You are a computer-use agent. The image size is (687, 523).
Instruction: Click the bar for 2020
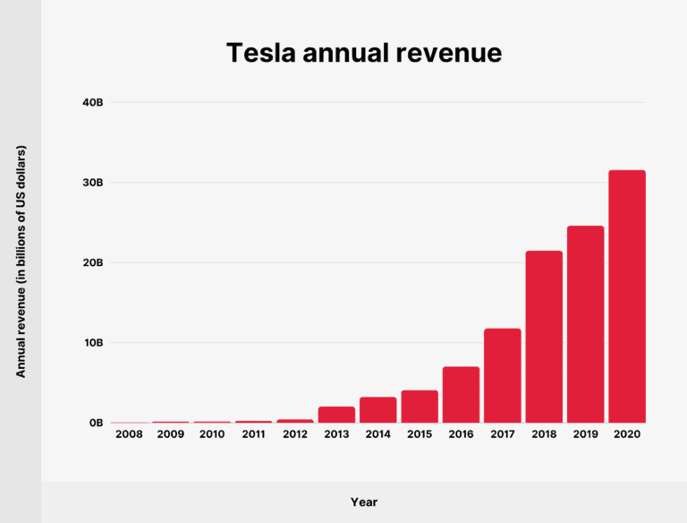click(x=626, y=296)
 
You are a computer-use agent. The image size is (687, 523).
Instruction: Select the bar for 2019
click(x=585, y=324)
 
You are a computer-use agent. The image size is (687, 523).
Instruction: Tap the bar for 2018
click(x=544, y=337)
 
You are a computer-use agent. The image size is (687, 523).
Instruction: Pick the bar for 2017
click(x=502, y=375)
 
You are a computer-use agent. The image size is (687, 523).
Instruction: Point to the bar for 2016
click(x=461, y=394)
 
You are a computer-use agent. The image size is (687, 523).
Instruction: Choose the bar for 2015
click(x=420, y=407)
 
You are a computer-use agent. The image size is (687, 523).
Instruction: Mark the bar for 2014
click(x=377, y=410)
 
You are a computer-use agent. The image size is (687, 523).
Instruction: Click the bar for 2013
click(x=336, y=415)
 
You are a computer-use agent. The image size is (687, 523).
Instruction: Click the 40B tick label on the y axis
click(x=93, y=103)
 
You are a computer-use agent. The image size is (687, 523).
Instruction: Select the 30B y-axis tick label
click(x=93, y=183)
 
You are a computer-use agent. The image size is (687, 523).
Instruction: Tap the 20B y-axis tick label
click(x=93, y=262)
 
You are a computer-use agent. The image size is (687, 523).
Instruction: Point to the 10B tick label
click(x=93, y=343)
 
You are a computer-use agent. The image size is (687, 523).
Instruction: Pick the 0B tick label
click(x=96, y=423)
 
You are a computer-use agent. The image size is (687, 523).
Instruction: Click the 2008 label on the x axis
click(x=130, y=434)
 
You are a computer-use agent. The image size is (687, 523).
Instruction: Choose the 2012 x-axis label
click(x=295, y=434)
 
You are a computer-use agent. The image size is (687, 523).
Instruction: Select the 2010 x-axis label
click(x=212, y=434)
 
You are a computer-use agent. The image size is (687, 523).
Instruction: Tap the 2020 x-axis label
click(x=626, y=434)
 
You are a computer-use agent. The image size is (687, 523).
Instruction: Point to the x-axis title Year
click(x=363, y=502)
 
